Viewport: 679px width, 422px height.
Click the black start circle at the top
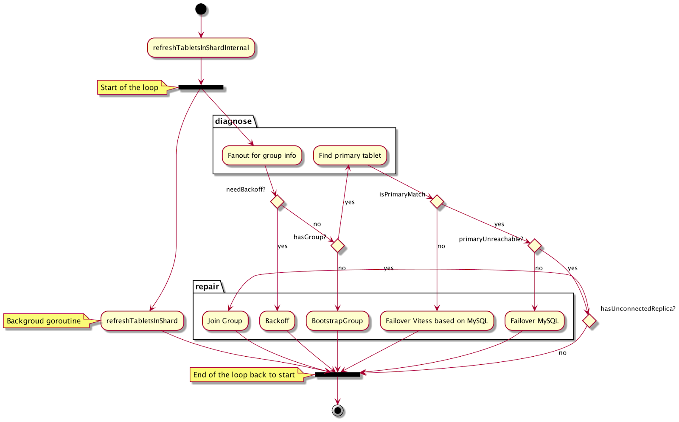201,9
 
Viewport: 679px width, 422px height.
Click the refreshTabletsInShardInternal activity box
201,48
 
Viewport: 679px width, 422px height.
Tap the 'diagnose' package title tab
233,121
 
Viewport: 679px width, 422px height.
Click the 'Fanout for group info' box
262,156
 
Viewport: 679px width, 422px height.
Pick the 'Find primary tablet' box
350,156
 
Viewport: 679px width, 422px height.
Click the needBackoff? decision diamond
277,201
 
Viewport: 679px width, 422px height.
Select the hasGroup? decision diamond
337,246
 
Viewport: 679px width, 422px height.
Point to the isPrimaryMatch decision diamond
437,201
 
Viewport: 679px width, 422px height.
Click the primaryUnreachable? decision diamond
534,246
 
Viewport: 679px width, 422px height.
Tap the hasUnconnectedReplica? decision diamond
589,321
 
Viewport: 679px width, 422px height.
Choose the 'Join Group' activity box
224,321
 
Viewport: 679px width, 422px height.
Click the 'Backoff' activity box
277,321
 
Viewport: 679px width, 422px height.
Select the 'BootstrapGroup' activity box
337,321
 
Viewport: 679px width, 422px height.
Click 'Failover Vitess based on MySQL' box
437,321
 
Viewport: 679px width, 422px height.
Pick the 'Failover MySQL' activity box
534,321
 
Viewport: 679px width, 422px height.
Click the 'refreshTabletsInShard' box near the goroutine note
142,321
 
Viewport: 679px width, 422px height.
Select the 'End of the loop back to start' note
245,375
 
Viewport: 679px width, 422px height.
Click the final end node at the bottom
337,410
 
